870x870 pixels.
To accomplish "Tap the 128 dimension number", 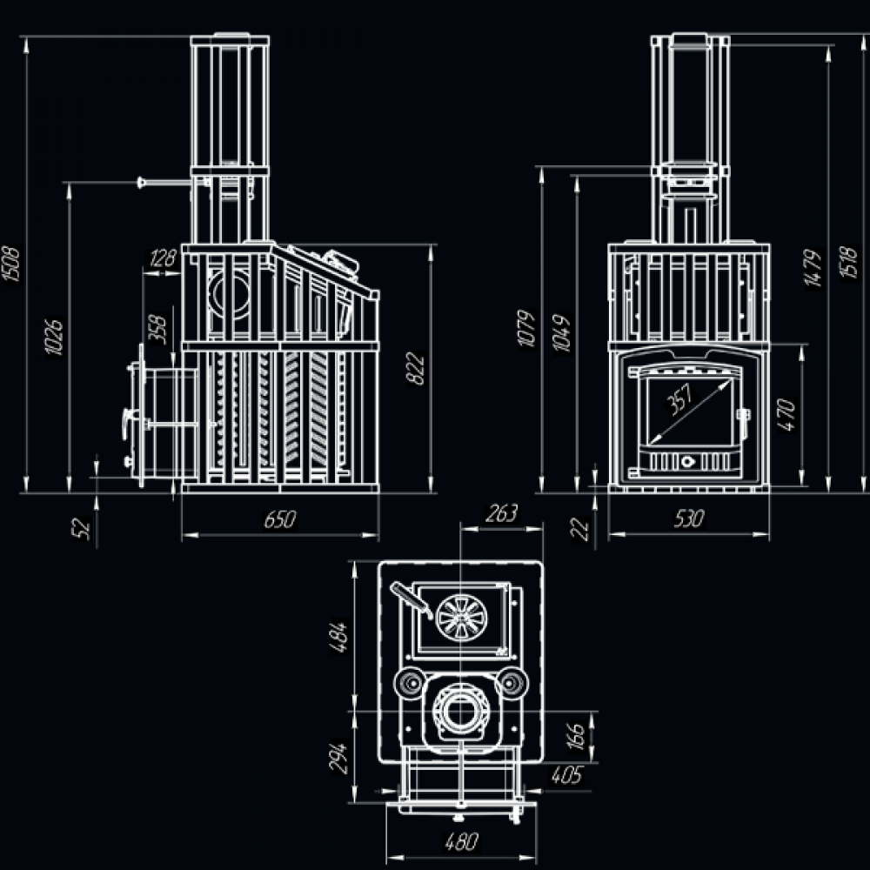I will pyautogui.click(x=163, y=258).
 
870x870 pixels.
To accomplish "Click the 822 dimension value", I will pyautogui.click(x=418, y=368).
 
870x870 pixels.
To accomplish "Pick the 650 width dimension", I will pyautogui.click(x=280, y=520).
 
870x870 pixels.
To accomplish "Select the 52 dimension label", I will pyautogui.click(x=84, y=527).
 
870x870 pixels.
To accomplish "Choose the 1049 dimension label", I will pyautogui.click(x=562, y=331).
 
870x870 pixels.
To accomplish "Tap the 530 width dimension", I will pyautogui.click(x=688, y=520).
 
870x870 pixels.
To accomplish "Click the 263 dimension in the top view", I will pyautogui.click(x=502, y=512).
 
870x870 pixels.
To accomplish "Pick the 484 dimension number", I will pyautogui.click(x=340, y=637).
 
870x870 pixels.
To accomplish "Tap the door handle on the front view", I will pyautogui.click(x=744, y=415).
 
